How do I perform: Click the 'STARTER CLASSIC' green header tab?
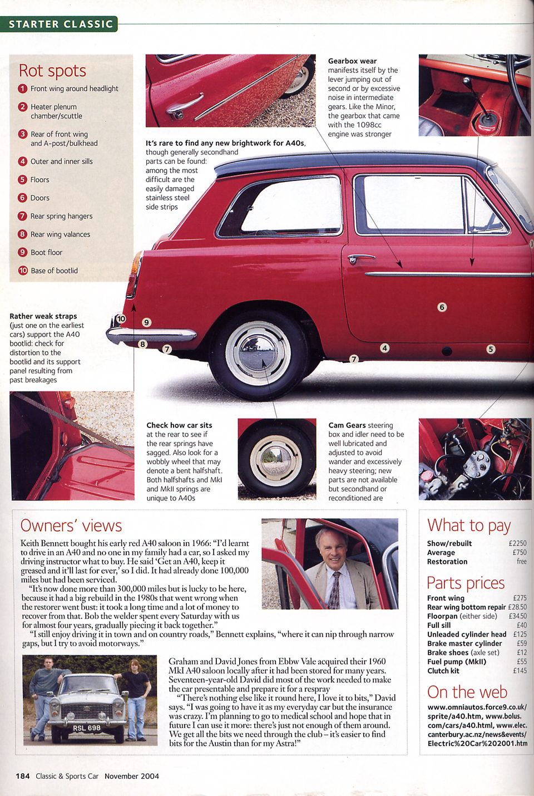click(60, 24)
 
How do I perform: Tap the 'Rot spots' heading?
click(52, 71)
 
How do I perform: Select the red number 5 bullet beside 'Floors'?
click(23, 179)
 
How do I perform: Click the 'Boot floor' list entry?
click(46, 252)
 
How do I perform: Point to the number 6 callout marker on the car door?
click(442, 307)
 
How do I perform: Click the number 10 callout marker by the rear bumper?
click(121, 319)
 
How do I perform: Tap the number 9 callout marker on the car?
click(146, 322)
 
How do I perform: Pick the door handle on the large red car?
click(360, 258)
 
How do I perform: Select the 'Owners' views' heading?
click(71, 525)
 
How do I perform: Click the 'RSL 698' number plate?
click(87, 728)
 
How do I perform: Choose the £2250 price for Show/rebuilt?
click(517, 543)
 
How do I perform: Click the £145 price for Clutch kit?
click(520, 671)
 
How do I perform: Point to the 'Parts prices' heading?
click(466, 583)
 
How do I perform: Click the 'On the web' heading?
click(467, 692)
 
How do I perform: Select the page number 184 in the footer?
click(23, 776)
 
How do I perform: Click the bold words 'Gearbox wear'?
click(352, 61)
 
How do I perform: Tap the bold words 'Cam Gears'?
click(347, 425)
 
